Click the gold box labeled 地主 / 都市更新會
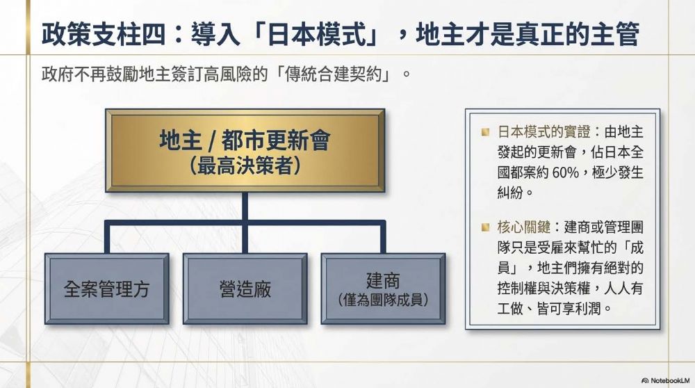245,150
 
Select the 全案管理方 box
107,289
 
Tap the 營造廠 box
245,289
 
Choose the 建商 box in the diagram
384,289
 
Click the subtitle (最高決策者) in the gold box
245,166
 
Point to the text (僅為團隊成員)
384,300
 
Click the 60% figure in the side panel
565,172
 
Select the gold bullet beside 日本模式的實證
485,131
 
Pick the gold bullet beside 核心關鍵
485,227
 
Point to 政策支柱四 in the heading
104,34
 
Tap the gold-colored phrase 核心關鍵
523,227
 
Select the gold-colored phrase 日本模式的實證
543,131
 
